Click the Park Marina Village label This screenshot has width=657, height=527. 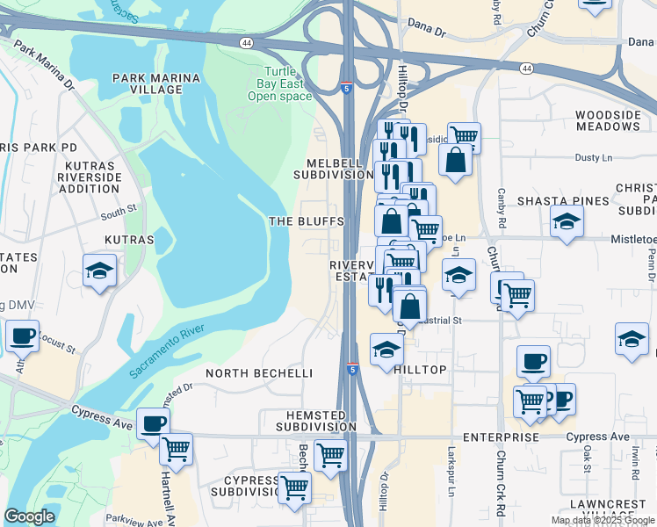coord(156,83)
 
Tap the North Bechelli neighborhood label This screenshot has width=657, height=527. coord(259,373)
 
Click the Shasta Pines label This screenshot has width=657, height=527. coord(562,201)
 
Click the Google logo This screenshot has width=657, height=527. coord(30,516)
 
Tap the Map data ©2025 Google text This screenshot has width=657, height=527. coord(602,520)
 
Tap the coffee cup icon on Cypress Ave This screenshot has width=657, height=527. coord(153,422)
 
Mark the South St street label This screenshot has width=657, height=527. coord(119,212)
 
